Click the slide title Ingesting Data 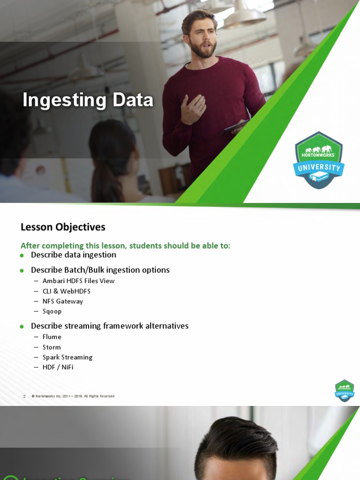click(88, 100)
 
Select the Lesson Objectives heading click(63, 227)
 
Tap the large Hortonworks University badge click(319, 160)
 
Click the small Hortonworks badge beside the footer click(345, 390)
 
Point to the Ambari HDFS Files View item click(78, 281)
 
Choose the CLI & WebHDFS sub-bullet click(66, 291)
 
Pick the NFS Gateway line click(62, 301)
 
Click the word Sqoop click(52, 311)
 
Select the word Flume click(52, 337)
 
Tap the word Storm click(52, 347)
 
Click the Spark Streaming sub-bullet click(67, 357)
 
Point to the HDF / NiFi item click(58, 367)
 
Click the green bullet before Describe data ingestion click(22, 255)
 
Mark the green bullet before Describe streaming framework click(22, 327)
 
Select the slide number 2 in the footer click(24, 397)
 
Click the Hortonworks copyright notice click(73, 397)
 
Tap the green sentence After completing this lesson click(125, 246)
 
